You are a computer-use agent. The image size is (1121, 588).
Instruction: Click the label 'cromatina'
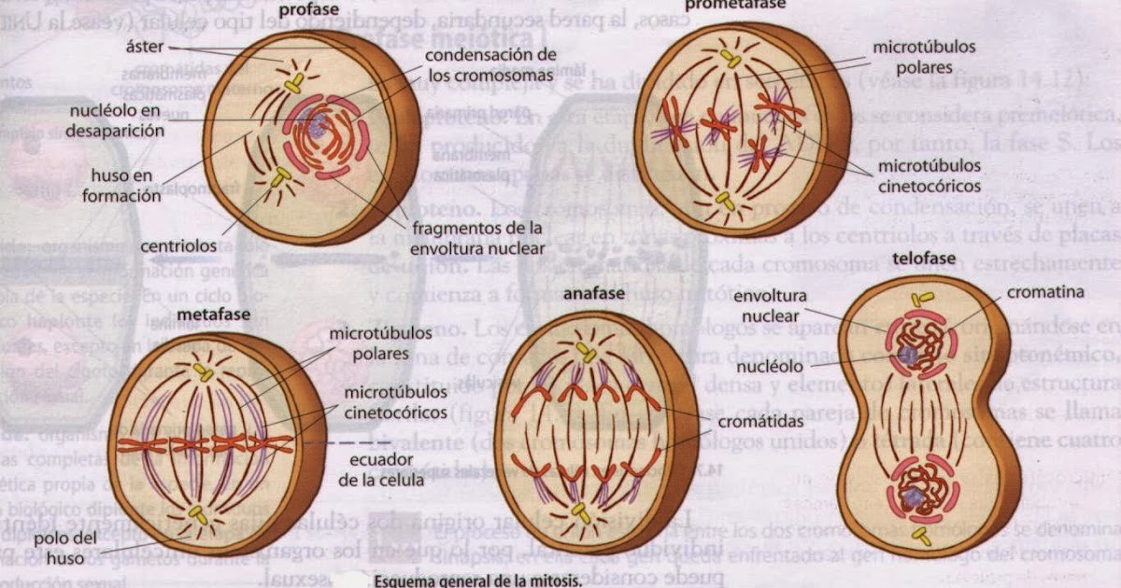tap(1045, 292)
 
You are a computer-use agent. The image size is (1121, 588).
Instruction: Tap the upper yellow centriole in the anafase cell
tap(586, 352)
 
